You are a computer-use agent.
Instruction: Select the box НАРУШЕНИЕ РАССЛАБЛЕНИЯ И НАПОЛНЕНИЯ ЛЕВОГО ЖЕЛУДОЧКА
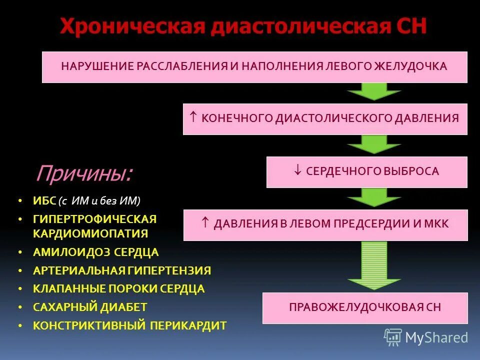(254, 66)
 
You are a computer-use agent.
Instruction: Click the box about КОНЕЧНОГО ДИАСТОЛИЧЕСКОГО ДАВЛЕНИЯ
(325, 118)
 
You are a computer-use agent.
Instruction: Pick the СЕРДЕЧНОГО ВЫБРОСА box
(366, 171)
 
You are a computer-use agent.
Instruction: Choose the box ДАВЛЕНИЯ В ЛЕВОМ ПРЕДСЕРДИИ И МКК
(325, 224)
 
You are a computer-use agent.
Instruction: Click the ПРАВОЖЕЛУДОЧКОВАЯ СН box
(365, 307)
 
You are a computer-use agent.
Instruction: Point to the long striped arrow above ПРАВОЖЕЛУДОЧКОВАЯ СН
(374, 265)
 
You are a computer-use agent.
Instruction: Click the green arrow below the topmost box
(374, 92)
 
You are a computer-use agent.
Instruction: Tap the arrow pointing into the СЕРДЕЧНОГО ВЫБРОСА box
(374, 145)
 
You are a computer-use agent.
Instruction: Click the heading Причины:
(84, 173)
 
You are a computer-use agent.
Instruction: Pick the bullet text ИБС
(43, 201)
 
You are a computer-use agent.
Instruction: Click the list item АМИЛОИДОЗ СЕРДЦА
(95, 252)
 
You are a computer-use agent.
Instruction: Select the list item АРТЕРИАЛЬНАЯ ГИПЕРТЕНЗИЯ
(121, 270)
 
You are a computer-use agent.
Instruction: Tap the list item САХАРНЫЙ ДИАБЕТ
(90, 306)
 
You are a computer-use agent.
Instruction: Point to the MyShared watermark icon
(393, 337)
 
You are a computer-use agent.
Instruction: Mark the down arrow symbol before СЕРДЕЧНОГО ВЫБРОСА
(297, 171)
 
